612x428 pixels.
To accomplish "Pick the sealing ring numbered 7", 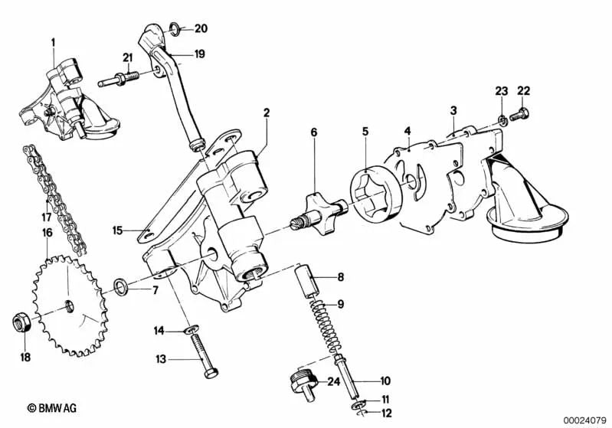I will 121,287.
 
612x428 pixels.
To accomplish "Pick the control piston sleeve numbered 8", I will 308,280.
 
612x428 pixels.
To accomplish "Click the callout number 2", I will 267,113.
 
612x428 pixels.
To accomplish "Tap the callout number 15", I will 117,229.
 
